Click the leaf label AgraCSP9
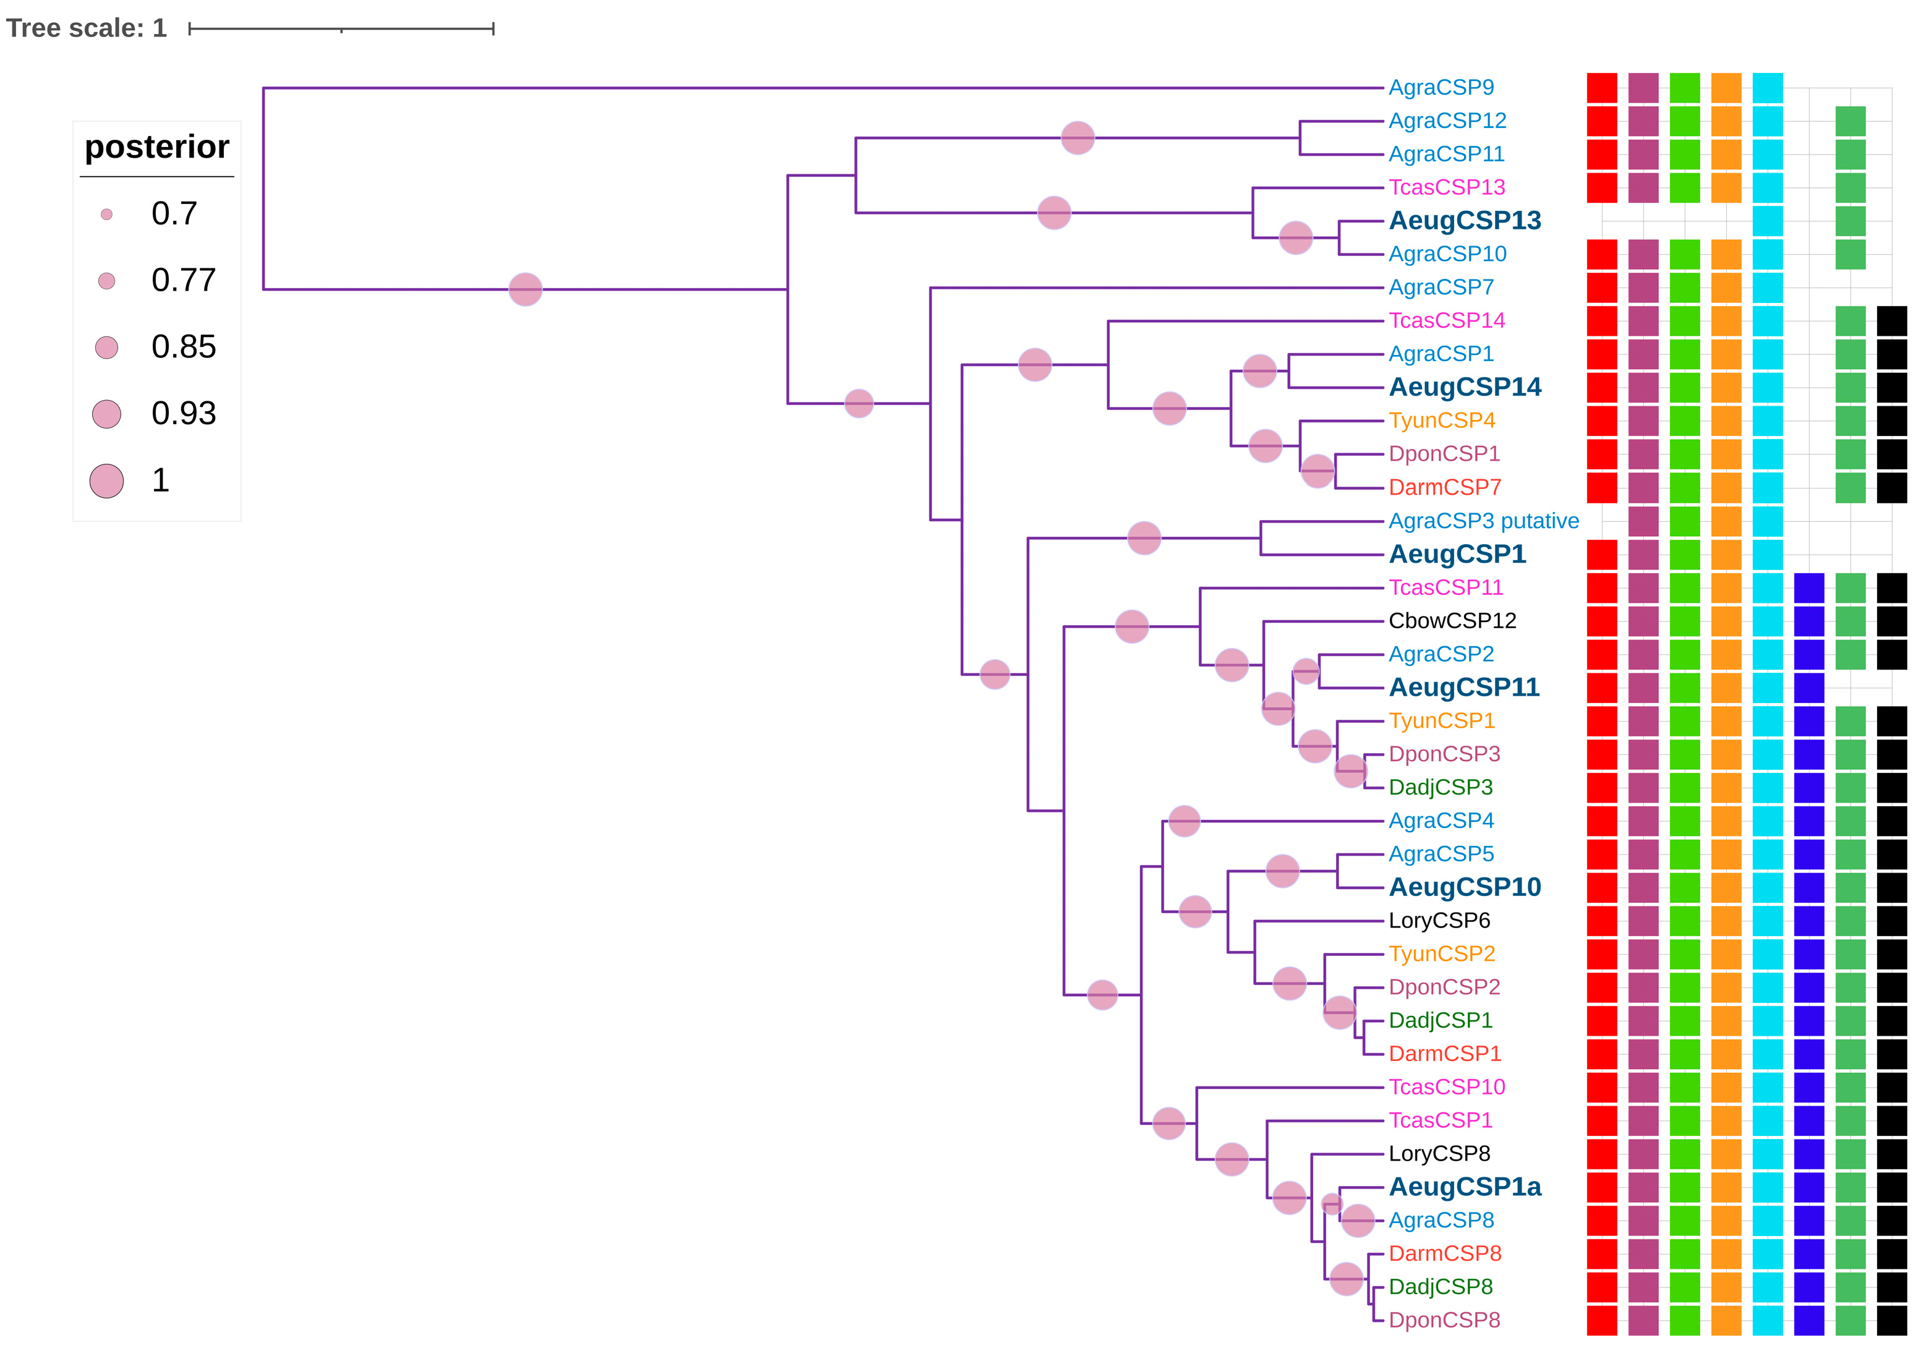[1441, 87]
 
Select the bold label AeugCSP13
[1465, 221]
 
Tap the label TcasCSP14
[1446, 320]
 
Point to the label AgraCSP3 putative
[1483, 521]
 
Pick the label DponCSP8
[1444, 1320]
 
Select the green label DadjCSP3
[1441, 787]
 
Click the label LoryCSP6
[1439, 921]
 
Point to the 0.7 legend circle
[106, 215]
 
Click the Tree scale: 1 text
[87, 28]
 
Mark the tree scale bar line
[341, 29]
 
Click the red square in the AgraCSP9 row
[1601, 88]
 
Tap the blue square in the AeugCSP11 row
[1809, 688]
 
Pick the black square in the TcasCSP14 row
[1891, 321]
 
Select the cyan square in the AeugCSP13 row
[1768, 221]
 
